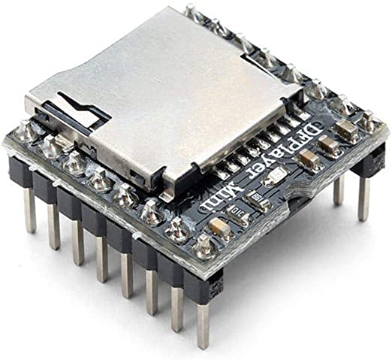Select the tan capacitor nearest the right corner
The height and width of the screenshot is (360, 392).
coord(347,131)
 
